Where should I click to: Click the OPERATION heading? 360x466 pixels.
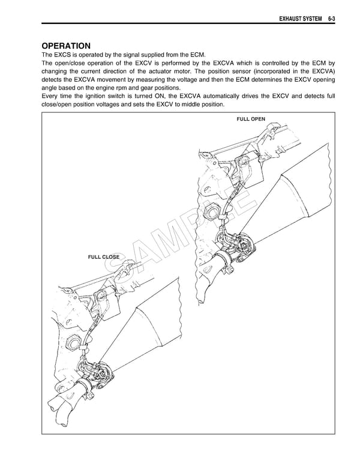point(66,46)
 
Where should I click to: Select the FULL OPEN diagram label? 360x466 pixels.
point(251,120)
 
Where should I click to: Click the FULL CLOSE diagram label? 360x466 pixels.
point(104,257)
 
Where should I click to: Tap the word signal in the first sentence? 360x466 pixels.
point(136,54)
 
